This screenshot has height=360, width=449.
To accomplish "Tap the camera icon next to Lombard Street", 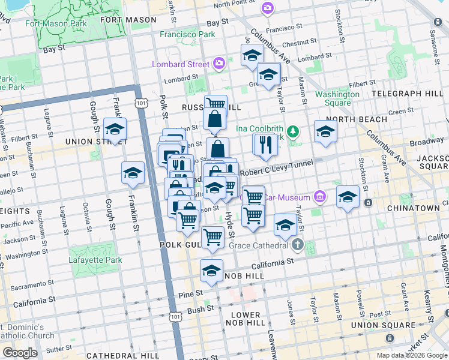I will pyautogui.click(x=219, y=63).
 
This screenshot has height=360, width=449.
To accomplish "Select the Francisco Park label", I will pyautogui.click(x=187, y=34).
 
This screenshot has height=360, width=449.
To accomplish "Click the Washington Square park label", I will pyautogui.click(x=337, y=98).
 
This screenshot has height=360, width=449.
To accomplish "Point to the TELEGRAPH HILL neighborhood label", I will pyautogui.click(x=407, y=94).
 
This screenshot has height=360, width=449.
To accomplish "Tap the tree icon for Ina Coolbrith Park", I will pyautogui.click(x=294, y=130).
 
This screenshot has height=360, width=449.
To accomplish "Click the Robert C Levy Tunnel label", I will pyautogui.click(x=277, y=168).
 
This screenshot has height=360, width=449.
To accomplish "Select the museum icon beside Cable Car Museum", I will pyautogui.click(x=320, y=197).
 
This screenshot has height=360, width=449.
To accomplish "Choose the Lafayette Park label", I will pyautogui.click(x=95, y=260).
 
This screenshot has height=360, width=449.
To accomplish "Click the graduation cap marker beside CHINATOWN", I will pyautogui.click(x=348, y=196).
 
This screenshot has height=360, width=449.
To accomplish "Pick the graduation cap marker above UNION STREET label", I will pyautogui.click(x=115, y=128).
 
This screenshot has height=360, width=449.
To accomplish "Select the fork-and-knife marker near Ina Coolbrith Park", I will pyautogui.click(x=264, y=144).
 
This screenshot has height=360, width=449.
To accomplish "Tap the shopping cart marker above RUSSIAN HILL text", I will pyautogui.click(x=215, y=104).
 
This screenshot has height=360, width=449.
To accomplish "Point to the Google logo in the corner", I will pyautogui.click(x=20, y=353).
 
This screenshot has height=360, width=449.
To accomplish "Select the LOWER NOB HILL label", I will pyautogui.click(x=246, y=319).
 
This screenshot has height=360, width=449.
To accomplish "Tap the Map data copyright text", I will pyautogui.click(x=412, y=355).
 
